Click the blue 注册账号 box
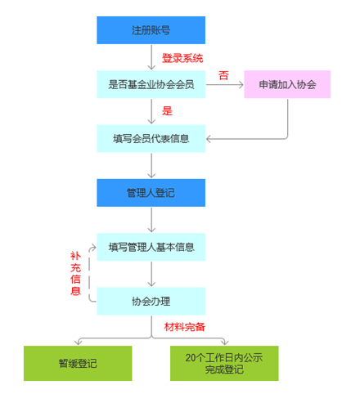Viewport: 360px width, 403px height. [x=151, y=30]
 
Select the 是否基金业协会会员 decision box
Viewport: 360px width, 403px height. [x=151, y=84]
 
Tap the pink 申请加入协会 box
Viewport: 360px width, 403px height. [x=287, y=84]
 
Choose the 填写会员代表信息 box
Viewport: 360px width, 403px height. [x=151, y=138]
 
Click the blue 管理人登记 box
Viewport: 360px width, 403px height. [x=151, y=193]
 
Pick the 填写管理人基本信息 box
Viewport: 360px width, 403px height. [x=151, y=247]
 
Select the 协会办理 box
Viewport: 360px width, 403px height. [x=151, y=301]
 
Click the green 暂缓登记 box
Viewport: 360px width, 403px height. [x=78, y=363]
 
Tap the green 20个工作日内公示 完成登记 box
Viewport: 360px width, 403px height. [x=224, y=363]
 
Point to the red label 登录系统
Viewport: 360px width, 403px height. [x=182, y=58]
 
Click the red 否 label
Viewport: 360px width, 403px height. [x=223, y=75]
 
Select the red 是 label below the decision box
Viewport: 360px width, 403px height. [x=167, y=111]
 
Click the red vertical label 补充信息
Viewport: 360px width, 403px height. [x=75, y=273]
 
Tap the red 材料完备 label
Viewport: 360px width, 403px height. [x=185, y=327]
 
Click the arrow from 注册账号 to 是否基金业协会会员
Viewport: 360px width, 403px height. [x=151, y=57]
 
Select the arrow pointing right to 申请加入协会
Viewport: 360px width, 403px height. [x=225, y=85]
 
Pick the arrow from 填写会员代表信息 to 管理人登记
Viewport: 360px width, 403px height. [x=151, y=165]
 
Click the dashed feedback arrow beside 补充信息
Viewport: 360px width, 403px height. [x=89, y=274]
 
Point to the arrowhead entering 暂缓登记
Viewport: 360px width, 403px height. [x=79, y=342]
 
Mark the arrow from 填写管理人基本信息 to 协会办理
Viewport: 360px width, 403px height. [x=151, y=274]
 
